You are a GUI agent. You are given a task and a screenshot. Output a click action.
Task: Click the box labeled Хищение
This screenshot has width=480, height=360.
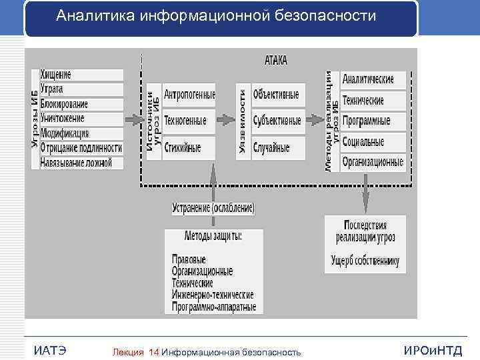(81, 75)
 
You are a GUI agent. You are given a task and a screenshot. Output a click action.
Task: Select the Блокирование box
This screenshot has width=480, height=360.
(81, 104)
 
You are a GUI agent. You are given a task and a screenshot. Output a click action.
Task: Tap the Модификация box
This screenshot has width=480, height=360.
(81, 133)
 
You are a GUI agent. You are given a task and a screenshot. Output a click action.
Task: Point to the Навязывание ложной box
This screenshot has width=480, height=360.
(81, 162)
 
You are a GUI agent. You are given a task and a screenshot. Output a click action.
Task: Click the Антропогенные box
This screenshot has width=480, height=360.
(189, 95)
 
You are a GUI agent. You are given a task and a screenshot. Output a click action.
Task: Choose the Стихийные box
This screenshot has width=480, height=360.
(189, 147)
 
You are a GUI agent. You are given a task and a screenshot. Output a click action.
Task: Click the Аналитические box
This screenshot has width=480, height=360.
(373, 80)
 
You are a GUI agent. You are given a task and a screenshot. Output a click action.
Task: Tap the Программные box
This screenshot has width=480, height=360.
(373, 121)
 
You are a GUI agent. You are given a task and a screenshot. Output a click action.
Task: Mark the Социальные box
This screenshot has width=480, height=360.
(373, 141)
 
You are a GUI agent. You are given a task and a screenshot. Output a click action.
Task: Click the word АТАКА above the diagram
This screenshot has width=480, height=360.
(276, 60)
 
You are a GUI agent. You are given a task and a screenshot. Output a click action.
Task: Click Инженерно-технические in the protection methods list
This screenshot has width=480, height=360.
(213, 295)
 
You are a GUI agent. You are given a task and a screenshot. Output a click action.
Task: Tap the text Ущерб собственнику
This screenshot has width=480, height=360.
(365, 259)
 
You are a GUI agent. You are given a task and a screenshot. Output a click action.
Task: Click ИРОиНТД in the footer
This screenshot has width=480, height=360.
(433, 351)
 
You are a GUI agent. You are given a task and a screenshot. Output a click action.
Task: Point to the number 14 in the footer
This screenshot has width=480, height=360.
(154, 352)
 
